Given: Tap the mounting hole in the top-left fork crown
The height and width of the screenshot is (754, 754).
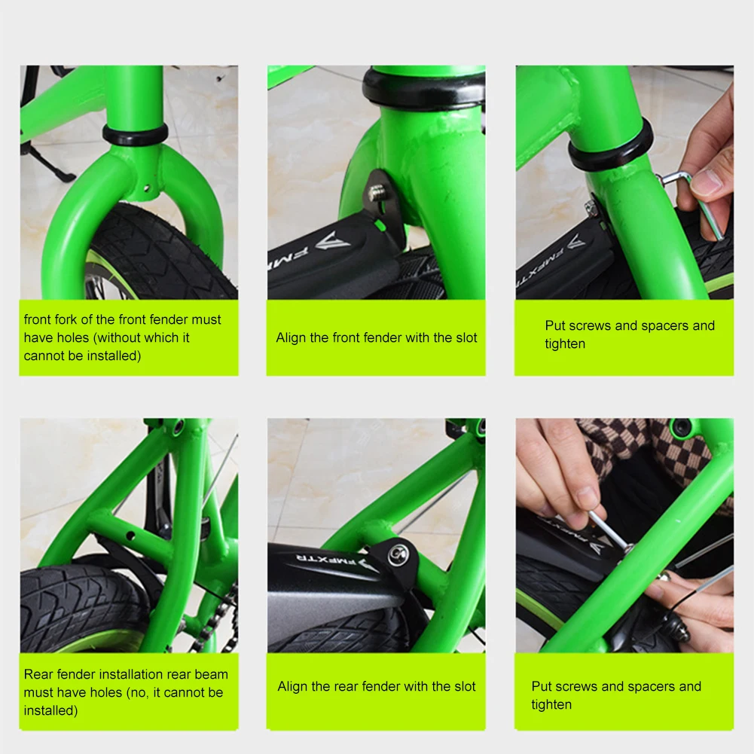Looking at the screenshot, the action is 145,188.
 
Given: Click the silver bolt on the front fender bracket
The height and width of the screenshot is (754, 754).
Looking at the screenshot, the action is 376,194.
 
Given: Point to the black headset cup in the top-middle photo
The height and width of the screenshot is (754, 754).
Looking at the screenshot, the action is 423,89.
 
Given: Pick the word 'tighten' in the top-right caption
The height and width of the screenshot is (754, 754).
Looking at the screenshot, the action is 565,343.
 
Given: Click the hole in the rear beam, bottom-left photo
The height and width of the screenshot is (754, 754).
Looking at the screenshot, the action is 130,535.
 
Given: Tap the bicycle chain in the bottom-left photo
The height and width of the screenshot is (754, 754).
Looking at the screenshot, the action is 218,615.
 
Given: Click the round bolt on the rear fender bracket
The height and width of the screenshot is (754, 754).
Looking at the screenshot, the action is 398,554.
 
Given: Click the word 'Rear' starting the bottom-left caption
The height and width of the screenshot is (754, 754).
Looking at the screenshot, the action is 38,674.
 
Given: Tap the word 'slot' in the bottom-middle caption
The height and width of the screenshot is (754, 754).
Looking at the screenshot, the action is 463,686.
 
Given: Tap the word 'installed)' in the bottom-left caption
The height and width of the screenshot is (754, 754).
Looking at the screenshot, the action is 50,710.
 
